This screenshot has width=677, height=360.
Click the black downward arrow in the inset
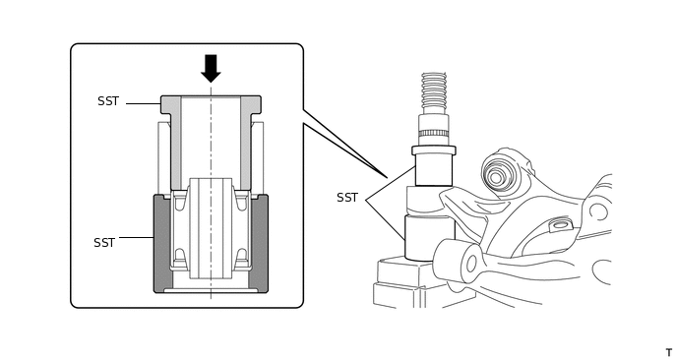pos(211,68)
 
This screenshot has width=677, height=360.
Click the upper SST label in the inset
pos(108,101)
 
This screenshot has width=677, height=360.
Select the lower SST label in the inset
pos(104,243)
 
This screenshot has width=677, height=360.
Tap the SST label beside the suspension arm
pos(347,198)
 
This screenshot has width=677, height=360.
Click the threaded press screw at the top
pos(434,93)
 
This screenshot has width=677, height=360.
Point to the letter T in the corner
pos(669,353)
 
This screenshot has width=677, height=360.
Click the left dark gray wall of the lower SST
pos(163,244)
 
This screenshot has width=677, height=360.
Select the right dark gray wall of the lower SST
pos(259,244)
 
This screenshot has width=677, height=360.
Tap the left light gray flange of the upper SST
pos(171,138)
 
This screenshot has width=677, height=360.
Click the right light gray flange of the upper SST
pos(250,138)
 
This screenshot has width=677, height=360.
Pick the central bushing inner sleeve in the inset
pos(211,228)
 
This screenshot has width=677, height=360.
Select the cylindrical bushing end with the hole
pos(459,261)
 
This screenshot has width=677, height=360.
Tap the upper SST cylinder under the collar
pos(434,170)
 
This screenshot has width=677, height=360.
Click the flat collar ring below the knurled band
pos(434,150)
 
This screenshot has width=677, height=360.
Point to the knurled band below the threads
pos(434,133)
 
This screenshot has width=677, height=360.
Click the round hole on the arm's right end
pos(598,211)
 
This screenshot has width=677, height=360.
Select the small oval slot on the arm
pos(560,225)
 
